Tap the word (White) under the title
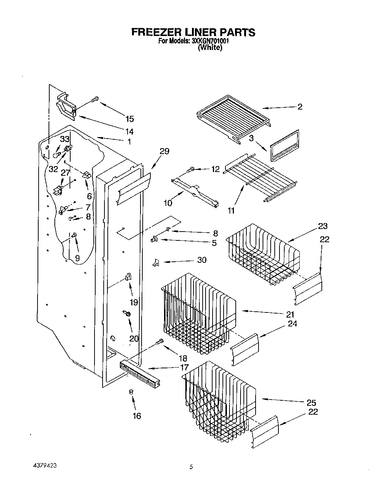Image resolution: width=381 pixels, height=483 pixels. (210, 48)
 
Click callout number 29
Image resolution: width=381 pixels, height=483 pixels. (164, 151)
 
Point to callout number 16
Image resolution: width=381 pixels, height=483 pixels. (136, 416)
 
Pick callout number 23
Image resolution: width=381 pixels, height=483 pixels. (320, 226)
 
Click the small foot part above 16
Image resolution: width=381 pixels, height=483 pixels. (131, 393)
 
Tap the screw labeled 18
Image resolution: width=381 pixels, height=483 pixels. (160, 341)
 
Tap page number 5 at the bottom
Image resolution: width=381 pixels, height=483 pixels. (191, 467)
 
